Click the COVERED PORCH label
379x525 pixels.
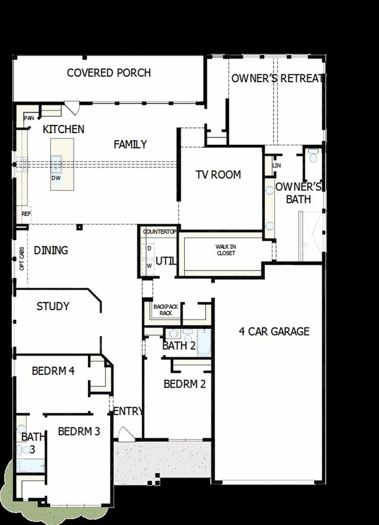[x=108, y=73]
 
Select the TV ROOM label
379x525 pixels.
[x=218, y=175]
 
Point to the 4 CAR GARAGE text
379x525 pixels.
[x=274, y=331]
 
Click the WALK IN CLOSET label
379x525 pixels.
[x=226, y=250]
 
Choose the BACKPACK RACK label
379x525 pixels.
[x=163, y=310]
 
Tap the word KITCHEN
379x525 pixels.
[x=64, y=129]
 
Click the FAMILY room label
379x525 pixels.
[x=130, y=144]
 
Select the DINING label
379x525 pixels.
[x=51, y=251]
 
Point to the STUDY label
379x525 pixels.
[x=53, y=306]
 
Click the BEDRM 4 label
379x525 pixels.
[x=52, y=370]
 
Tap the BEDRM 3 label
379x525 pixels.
[x=79, y=432]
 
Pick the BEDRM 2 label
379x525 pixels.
[x=184, y=384]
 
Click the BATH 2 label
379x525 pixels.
[x=178, y=346]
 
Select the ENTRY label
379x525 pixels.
[x=128, y=411]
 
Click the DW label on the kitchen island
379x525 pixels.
[x=56, y=178]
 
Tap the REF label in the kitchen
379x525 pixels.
[x=26, y=214]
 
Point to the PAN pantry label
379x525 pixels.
[x=29, y=118]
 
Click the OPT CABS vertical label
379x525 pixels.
[x=22, y=259]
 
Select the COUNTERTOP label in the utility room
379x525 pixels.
[x=159, y=232]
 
